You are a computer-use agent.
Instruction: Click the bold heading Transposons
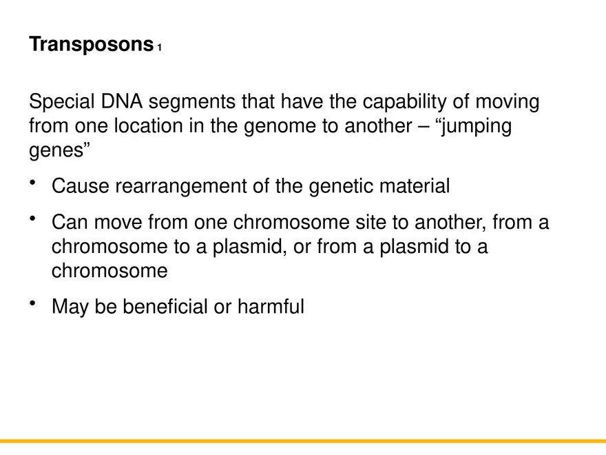tap(90, 45)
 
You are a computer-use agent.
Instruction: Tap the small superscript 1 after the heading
tap(159, 48)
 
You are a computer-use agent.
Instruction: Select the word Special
tap(62, 103)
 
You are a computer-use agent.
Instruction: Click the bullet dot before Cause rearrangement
tap(34, 182)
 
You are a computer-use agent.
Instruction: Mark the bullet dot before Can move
tap(34, 219)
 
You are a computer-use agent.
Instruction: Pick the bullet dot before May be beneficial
tap(34, 303)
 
